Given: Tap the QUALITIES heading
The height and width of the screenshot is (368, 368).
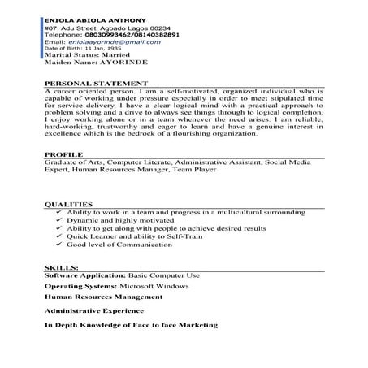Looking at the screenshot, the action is coord(67,204).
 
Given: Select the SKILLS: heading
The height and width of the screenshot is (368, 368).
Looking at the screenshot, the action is coord(60,266).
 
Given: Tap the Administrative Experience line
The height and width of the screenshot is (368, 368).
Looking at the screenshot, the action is coord(94,311).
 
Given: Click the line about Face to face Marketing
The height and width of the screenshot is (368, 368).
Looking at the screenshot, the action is coord(131,325).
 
